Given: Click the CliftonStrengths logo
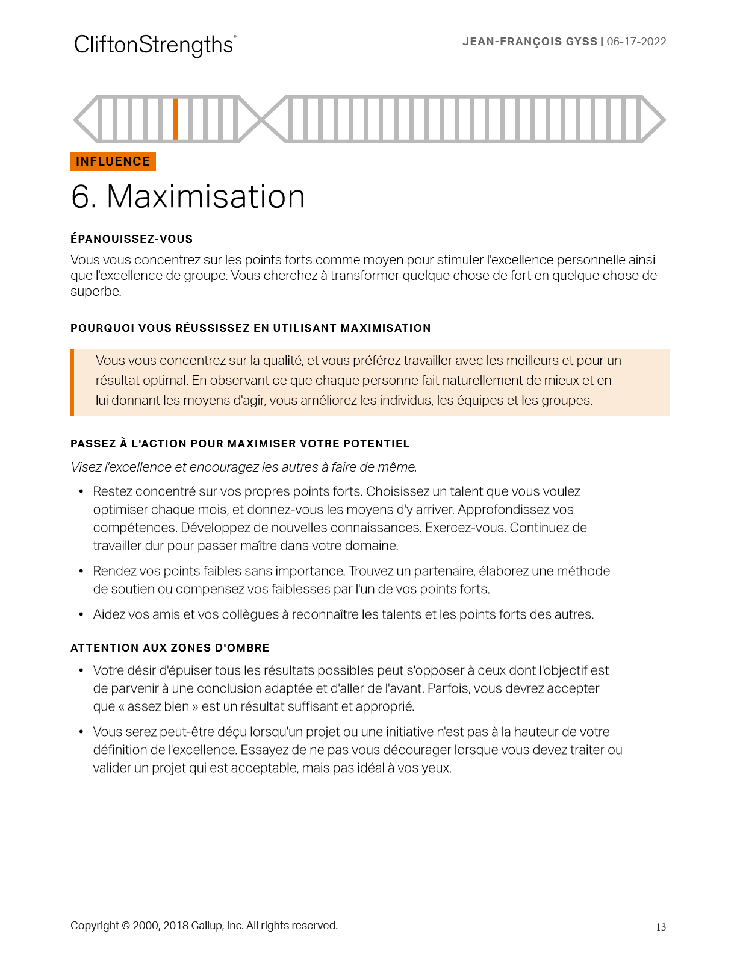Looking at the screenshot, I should pos(155,45).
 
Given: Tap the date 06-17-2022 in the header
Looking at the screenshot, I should pos(636,42).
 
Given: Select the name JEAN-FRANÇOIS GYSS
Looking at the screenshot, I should pos(529,42).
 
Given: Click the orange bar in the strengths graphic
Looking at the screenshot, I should pos(175,119).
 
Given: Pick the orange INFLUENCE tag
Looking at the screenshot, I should pos(113,161).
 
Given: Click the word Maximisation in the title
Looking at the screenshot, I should pos(206,196).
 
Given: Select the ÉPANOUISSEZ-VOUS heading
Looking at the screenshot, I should pos(131,239).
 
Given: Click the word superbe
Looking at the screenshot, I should pos(95,291).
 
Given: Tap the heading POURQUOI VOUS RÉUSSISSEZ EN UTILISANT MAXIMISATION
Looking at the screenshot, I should pos(250,328).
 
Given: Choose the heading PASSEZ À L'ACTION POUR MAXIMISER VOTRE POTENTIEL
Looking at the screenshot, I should pos(240,444).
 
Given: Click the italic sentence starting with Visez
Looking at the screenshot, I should pos(244,467).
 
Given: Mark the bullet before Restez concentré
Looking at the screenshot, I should pos(81,492).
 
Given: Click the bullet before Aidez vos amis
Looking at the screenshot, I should pos(81,615).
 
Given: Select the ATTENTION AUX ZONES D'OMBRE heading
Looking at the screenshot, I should pos(170,648).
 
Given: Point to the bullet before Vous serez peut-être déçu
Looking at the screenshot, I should pos(81,732).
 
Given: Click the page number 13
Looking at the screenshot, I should pos(661,927).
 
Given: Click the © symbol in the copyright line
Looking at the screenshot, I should pos(126,926).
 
